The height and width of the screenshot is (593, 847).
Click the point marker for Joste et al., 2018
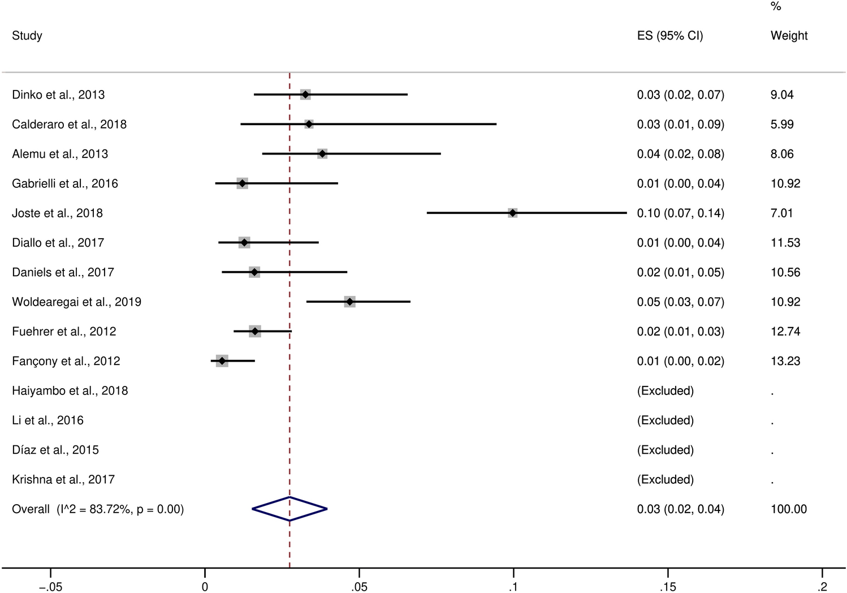coord(512,213)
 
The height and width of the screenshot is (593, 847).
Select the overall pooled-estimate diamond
coord(289,509)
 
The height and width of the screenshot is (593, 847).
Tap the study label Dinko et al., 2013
coord(58,94)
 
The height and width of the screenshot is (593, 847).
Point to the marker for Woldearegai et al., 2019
coord(350,302)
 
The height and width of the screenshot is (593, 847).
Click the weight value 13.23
coord(785,361)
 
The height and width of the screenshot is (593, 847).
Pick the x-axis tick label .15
coord(668,587)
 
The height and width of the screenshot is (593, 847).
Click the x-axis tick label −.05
coord(50,587)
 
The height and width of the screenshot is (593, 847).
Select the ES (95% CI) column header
coord(670,36)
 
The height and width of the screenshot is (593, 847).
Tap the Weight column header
coord(789,36)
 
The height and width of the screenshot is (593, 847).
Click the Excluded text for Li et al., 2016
coord(665,420)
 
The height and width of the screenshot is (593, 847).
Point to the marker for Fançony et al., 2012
coord(222,361)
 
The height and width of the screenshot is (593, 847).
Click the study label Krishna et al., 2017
coord(63,479)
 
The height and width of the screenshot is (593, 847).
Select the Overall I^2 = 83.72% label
coord(98,509)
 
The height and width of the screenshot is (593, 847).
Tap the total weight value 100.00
coord(789,509)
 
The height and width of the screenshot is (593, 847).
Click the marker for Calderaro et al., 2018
coord(309,124)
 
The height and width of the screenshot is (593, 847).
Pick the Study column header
coord(27,36)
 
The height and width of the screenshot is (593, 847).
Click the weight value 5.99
coord(782,124)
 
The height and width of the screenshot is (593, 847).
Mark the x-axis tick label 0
coord(205,587)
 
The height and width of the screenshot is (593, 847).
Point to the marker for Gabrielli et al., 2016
coord(242,183)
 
